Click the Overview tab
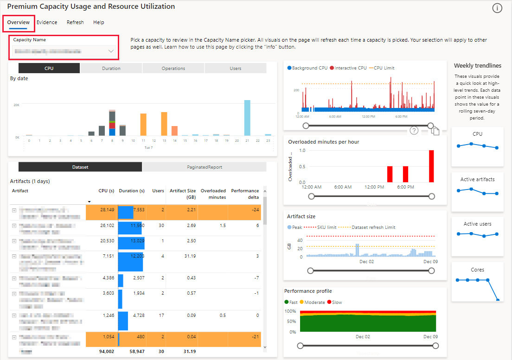click(19, 22)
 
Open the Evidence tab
click(47, 22)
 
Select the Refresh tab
click(75, 22)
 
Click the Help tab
click(98, 22)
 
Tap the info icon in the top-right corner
click(497, 8)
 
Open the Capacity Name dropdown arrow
click(111, 51)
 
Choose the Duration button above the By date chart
click(111, 68)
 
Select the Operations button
click(173, 68)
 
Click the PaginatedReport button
click(204, 167)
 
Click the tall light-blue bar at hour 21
click(247, 118)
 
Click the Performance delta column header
click(245, 194)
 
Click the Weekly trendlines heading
click(477, 66)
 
